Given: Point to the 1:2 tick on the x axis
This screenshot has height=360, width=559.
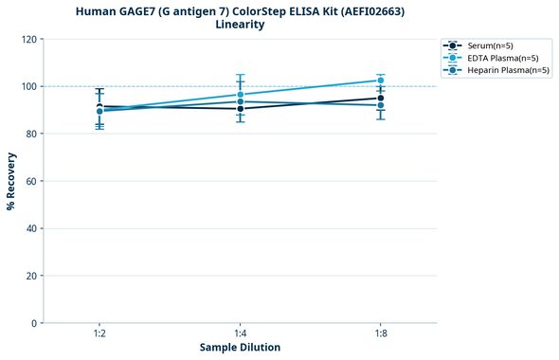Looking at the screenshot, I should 99,333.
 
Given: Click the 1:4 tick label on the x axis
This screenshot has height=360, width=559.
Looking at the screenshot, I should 240,333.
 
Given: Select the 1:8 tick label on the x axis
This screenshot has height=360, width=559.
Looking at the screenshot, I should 380,333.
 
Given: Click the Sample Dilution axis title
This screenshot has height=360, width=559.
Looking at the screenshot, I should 240,348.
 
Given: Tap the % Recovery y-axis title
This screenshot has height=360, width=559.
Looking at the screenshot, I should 11,180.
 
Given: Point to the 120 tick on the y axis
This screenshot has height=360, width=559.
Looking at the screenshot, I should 27,39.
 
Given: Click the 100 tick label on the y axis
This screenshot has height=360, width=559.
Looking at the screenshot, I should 27,86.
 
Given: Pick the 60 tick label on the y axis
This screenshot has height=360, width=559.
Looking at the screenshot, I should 30,181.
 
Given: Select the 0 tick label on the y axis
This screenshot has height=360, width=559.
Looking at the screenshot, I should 34,323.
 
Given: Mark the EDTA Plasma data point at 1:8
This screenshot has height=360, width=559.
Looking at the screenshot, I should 380,81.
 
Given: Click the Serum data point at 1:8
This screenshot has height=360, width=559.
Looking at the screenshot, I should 380,98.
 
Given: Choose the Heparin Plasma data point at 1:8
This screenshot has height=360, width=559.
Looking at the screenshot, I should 380,105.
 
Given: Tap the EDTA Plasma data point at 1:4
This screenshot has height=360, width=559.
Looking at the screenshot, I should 240,94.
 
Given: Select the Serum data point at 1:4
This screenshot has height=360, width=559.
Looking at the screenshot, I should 240,109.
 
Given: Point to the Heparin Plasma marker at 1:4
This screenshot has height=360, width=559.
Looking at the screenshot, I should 240,101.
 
